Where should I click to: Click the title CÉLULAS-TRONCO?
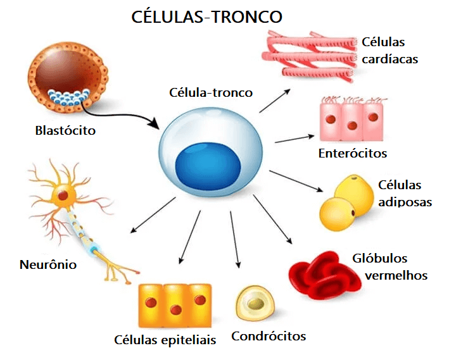[206, 17]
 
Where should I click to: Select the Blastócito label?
[65, 131]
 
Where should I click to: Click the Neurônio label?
[48, 264]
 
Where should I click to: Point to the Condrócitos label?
[269, 336]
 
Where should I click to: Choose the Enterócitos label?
[353, 153]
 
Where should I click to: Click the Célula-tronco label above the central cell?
[211, 92]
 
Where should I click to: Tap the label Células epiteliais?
[165, 340]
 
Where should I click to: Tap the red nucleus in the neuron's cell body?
[63, 196]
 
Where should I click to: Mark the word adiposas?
[405, 202]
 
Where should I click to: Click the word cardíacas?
[390, 59]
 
